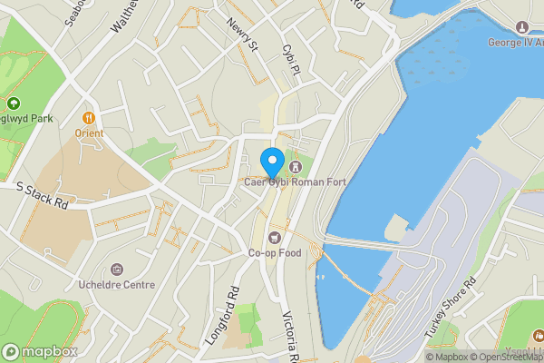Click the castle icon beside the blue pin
[295, 168]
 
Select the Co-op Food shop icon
[275, 238]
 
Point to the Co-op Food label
[275, 253]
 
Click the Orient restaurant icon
[89, 117]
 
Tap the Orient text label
[89, 133]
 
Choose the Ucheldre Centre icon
[116, 270]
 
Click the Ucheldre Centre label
[116, 285]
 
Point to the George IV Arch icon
[521, 26]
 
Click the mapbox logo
[39, 351]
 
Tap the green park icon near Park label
[14, 102]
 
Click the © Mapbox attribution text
[450, 356]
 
